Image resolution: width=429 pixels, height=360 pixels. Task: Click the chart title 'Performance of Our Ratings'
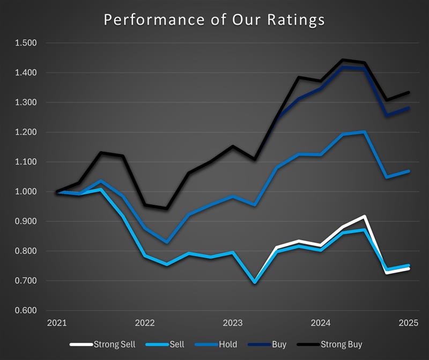(214, 19)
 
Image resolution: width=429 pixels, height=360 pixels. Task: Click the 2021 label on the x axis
(56, 323)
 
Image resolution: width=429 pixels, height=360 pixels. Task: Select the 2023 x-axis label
(232, 323)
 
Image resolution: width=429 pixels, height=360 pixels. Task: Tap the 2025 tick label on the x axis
(408, 323)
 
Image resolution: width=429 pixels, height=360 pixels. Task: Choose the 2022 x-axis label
(144, 323)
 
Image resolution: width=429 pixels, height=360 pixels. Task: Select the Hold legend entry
(226, 344)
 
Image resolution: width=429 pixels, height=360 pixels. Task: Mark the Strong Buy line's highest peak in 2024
(343, 60)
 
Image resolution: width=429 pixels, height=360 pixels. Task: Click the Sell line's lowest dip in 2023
(254, 282)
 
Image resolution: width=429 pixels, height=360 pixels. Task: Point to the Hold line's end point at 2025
(408, 171)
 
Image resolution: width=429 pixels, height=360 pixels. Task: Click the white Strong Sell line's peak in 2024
(364, 216)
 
